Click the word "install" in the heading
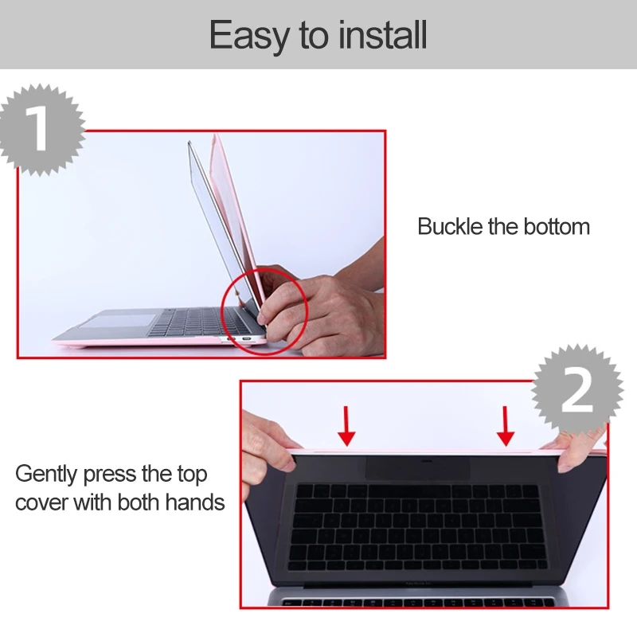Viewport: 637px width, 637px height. point(383,35)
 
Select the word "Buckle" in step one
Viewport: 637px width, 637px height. point(450,226)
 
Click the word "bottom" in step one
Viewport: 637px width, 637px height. point(557,226)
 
